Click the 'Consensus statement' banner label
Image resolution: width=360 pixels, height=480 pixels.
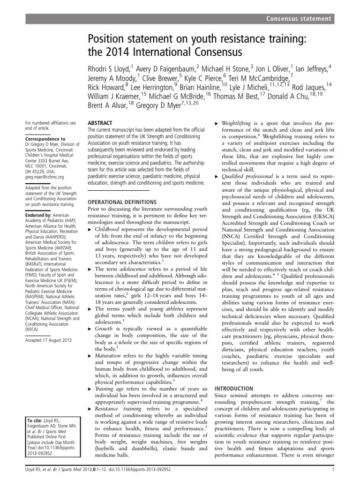click(299, 19)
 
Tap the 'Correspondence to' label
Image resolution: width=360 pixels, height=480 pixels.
click(45, 139)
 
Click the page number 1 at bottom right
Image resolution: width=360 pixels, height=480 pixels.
click(332, 471)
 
